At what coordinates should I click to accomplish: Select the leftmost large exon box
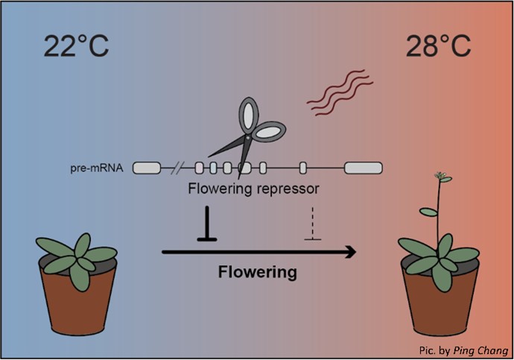pos(147,168)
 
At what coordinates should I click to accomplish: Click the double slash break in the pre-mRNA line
pos(180,168)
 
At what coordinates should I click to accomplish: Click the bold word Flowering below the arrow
pos(257,272)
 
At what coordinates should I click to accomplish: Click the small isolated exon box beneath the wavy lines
pos(303,168)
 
